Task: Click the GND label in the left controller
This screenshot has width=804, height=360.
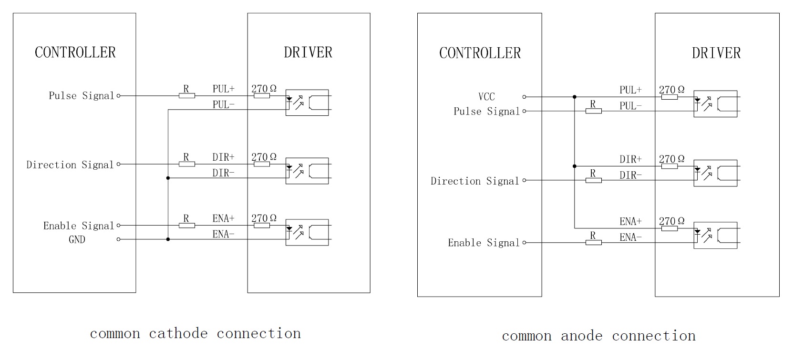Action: [x=77, y=239]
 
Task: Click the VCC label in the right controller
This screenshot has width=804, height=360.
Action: [x=486, y=97]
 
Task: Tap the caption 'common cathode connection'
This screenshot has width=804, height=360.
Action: [x=196, y=333]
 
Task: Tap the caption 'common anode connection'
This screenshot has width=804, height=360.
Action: [x=598, y=336]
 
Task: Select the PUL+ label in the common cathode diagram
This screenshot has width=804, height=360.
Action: [x=223, y=89]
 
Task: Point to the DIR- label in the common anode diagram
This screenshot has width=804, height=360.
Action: [x=630, y=175]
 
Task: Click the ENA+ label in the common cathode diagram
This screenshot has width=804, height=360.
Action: [x=223, y=218]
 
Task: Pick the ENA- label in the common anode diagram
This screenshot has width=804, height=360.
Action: [x=630, y=237]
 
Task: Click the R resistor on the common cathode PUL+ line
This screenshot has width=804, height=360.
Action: [x=186, y=95]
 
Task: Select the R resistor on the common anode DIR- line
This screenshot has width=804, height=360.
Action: [x=593, y=180]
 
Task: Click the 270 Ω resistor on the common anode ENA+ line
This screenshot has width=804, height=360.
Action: [x=670, y=228]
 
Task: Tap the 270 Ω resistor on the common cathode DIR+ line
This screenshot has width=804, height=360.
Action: [x=262, y=164]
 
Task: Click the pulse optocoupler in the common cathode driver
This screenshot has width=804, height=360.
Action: [x=307, y=103]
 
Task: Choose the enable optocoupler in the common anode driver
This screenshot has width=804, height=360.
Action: [x=715, y=235]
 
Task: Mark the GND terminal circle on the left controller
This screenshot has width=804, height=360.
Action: [x=119, y=239]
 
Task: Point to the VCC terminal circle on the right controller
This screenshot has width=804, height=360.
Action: [x=524, y=97]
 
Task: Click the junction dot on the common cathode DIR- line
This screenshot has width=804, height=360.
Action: [x=168, y=178]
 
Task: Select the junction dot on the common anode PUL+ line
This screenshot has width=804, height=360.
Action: [x=575, y=97]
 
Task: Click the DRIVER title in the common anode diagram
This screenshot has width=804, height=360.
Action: [x=716, y=53]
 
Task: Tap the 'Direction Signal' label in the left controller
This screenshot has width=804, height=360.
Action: [x=70, y=165]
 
